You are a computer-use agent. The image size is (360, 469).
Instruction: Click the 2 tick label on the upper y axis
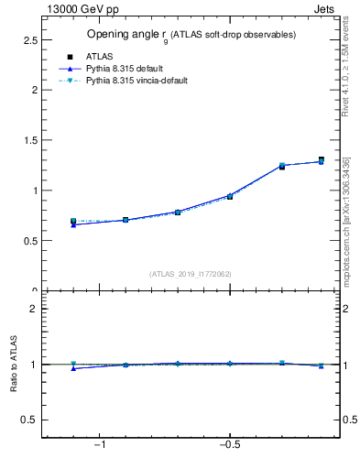(34, 91)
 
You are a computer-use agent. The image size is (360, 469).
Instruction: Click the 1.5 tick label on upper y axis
(29, 141)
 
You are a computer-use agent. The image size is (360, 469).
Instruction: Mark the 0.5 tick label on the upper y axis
(29, 241)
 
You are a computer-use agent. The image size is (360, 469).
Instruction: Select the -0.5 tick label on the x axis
(229, 445)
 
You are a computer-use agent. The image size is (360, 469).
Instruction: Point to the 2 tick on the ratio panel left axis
(34, 309)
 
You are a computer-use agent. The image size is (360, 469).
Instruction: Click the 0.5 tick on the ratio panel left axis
(29, 420)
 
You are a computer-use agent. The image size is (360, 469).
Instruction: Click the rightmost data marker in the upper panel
(321, 160)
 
